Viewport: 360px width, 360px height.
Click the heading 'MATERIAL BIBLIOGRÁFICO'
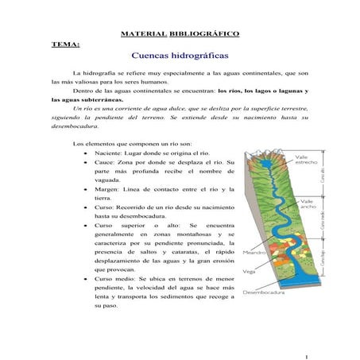(x=179, y=34)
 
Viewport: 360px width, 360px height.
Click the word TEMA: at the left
(x=63, y=45)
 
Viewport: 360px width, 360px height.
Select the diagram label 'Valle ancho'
(x=306, y=206)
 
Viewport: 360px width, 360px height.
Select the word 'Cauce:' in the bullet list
(x=104, y=162)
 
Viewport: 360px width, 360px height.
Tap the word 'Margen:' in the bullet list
(x=106, y=189)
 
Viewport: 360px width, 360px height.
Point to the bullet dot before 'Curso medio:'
(x=85, y=281)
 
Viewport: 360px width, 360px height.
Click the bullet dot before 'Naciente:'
(x=85, y=153)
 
